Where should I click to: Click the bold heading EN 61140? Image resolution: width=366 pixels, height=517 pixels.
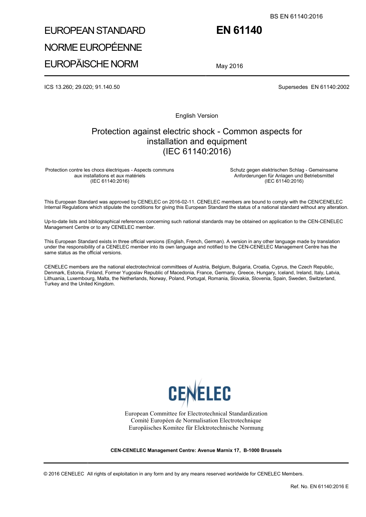239,30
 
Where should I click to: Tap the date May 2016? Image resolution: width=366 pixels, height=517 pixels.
229,66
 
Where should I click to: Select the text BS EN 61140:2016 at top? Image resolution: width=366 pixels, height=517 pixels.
296,16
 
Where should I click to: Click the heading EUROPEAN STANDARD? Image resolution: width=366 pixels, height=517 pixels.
94,31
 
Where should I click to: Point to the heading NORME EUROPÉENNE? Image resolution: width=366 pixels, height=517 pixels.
93,47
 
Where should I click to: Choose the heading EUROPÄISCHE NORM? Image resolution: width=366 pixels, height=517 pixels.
91,64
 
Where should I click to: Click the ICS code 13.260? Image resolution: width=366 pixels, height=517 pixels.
64,87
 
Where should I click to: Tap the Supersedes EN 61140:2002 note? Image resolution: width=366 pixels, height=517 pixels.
314,87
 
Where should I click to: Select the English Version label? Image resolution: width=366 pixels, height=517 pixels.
196,116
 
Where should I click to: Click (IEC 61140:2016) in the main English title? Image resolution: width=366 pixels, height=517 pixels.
196,152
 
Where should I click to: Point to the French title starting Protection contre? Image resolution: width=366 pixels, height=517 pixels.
109,175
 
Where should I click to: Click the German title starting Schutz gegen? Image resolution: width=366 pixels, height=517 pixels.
284,175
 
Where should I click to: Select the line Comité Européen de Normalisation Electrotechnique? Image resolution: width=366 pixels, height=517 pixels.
196,420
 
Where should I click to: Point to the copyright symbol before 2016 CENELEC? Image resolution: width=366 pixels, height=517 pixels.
46,474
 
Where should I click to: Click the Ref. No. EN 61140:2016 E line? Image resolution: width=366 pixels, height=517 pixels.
319,487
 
